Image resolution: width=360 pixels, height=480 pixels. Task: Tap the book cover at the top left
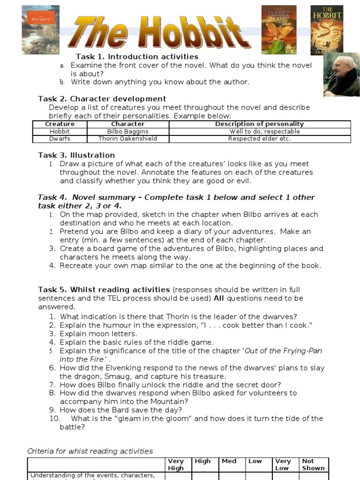coord(40,30)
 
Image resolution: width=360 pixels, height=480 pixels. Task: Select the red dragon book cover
coord(278,30)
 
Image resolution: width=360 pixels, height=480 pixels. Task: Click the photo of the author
coord(341,74)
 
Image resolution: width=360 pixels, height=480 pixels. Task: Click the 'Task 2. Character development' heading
coord(102,99)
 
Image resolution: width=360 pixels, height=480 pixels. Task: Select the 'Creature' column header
coord(60,124)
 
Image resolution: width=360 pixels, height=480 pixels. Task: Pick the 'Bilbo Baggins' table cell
coord(127,132)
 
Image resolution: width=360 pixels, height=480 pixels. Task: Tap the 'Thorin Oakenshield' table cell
coord(127,139)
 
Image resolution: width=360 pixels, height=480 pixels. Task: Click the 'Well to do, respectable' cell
coord(259,132)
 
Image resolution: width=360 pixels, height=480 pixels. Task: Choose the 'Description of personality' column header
coord(259,124)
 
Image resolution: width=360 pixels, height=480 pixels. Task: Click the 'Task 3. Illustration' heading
coord(76,155)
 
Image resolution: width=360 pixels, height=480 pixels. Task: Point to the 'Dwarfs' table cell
coord(60,139)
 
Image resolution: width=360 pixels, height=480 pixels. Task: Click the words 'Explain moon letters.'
coord(98,334)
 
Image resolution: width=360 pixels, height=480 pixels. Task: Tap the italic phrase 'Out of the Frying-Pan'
coord(284,351)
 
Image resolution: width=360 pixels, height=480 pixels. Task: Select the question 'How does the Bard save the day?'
coord(121,410)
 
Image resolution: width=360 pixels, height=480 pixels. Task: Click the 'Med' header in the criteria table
coord(229,461)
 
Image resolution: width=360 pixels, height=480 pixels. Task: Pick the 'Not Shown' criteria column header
coord(314,465)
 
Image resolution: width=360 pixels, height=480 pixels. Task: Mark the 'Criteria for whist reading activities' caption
coord(90,451)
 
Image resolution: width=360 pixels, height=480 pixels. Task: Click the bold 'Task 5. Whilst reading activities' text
coord(104,290)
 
